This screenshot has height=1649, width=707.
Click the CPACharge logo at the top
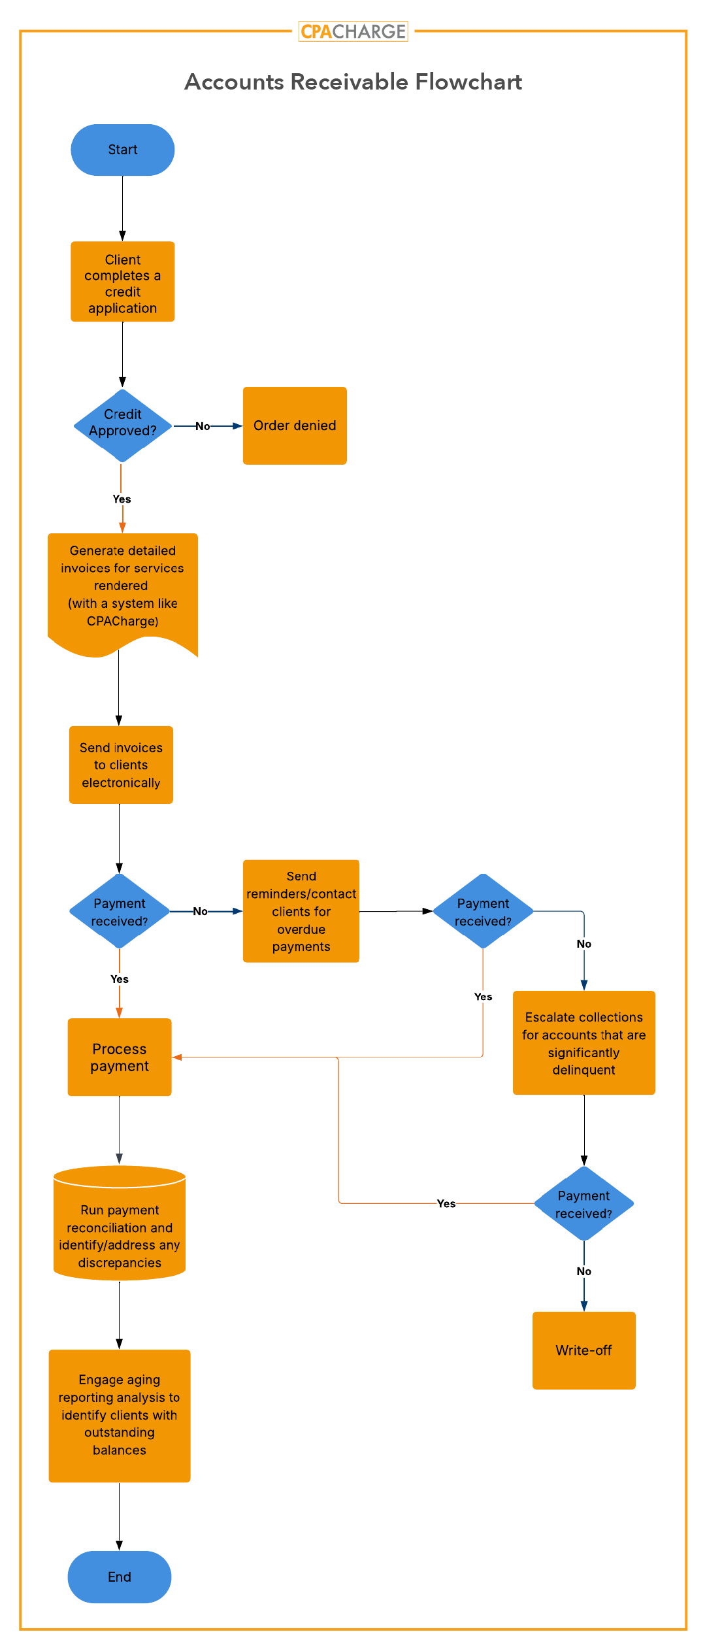point(353,31)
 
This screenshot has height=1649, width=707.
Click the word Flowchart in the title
point(469,82)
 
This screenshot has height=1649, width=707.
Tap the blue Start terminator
point(122,150)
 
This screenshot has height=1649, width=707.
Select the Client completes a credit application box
point(122,282)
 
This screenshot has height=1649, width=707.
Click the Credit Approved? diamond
point(122,425)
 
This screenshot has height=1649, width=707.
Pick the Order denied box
point(295,425)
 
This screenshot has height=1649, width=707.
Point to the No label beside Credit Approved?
point(203,426)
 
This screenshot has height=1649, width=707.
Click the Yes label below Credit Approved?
point(122,499)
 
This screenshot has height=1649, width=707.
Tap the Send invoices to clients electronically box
point(121,765)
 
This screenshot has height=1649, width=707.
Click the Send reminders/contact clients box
point(301,911)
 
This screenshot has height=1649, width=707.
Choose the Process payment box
point(120,1057)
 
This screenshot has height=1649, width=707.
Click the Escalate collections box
point(584,1042)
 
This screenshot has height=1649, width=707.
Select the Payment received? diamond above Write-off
point(584,1204)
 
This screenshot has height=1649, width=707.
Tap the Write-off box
point(584,1350)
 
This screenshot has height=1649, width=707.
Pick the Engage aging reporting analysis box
point(120,1415)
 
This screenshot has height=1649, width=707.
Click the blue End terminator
point(120,1576)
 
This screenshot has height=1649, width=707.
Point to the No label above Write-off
point(584,1271)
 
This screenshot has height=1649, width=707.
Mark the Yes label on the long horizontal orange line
point(446,1203)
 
